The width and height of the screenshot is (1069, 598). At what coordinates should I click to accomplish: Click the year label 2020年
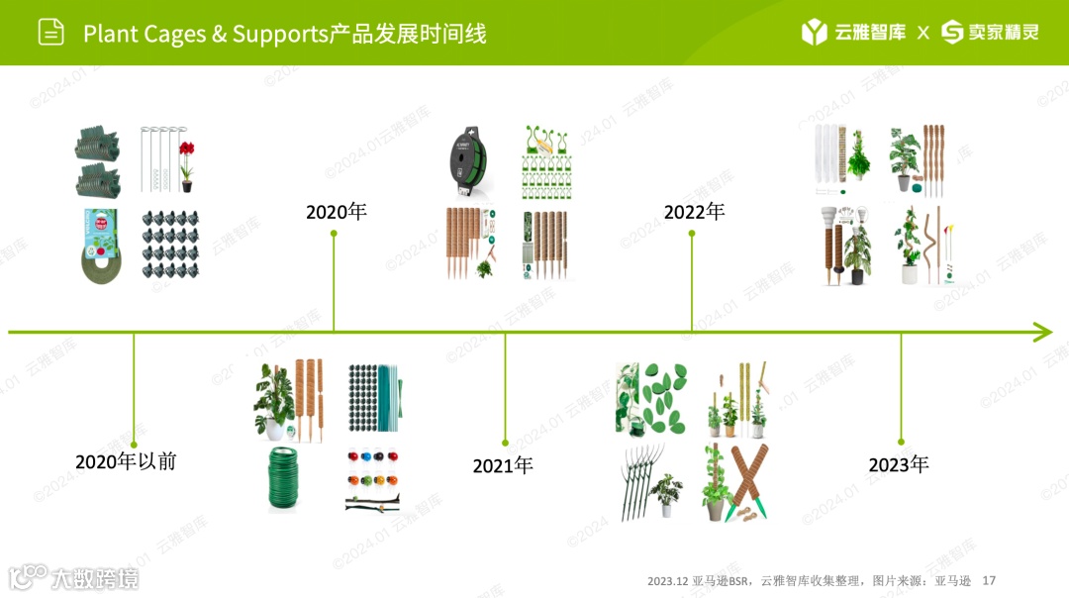tap(336, 212)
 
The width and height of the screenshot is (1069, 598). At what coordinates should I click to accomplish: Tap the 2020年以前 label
tap(126, 461)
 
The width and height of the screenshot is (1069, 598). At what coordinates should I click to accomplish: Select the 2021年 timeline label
tap(503, 465)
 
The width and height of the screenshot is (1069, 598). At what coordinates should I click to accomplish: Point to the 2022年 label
tap(694, 212)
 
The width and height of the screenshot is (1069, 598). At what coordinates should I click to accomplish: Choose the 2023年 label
tap(899, 464)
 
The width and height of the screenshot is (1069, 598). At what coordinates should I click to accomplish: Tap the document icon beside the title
tap(50, 33)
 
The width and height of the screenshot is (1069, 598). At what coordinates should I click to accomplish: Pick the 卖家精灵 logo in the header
tap(989, 33)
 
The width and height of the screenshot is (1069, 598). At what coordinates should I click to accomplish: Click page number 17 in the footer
tap(988, 580)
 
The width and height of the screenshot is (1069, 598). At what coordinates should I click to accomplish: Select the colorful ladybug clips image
tap(373, 479)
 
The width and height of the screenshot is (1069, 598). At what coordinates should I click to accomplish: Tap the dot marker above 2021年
tap(505, 443)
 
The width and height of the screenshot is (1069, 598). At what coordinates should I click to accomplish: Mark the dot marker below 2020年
tap(334, 234)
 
